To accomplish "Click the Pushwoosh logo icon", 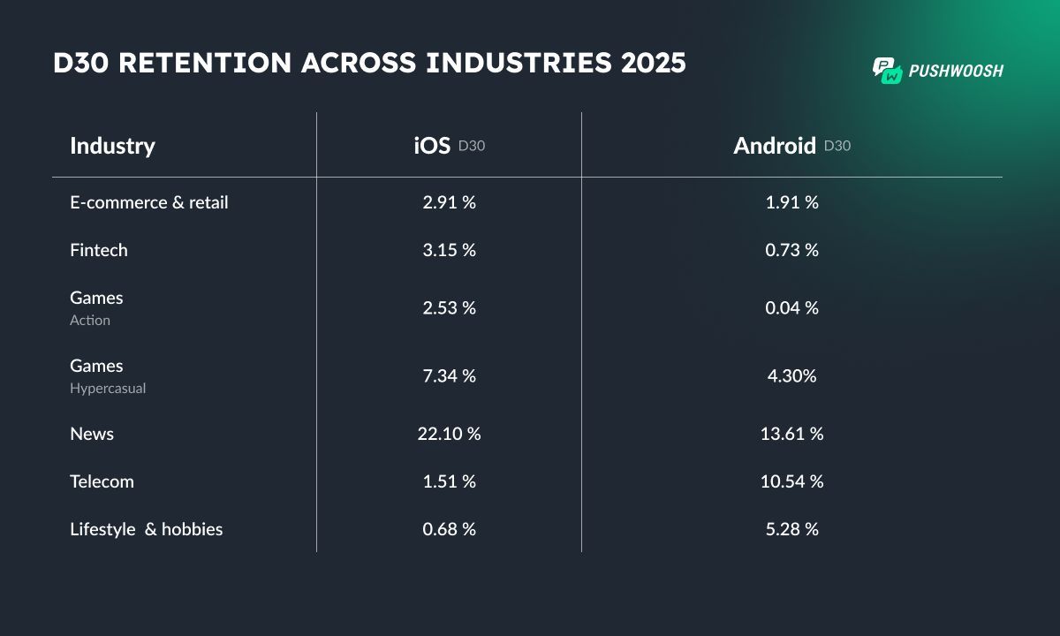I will (x=887, y=71).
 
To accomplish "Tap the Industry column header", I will (x=112, y=146).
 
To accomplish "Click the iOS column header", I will (x=433, y=146).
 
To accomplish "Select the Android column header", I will (x=775, y=146).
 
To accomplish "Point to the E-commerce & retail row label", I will (x=148, y=202).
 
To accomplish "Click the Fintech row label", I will (x=99, y=250).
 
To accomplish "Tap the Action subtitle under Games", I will (x=90, y=321).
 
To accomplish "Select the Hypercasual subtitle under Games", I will (x=108, y=389).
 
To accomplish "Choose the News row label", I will (x=92, y=434).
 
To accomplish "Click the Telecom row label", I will (x=102, y=481).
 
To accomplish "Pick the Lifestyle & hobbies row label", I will (x=146, y=529).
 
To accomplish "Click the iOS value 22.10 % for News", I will (x=449, y=434).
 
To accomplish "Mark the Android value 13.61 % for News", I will (x=791, y=434).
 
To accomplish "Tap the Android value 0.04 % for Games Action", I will (x=791, y=307).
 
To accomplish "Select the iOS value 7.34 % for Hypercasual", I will (x=449, y=375).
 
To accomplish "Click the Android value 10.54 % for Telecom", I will (x=791, y=481).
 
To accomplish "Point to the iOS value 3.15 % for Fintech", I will (x=449, y=250).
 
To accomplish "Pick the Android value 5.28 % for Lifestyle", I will (x=791, y=529).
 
